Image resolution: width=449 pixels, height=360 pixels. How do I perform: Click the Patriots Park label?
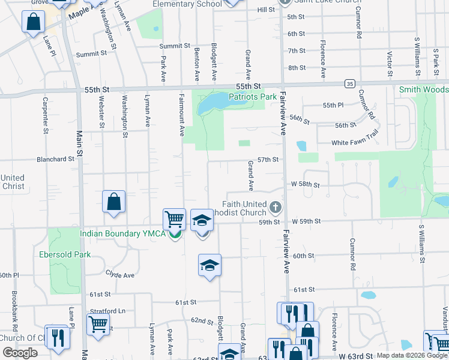pos(252,96)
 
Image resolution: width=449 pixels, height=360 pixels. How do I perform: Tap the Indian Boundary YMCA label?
pos(122,233)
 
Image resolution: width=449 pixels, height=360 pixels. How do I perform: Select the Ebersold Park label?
pos(65,254)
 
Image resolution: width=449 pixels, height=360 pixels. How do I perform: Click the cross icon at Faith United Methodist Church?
pos(276,208)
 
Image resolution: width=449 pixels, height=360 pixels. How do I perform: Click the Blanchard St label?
pos(55,160)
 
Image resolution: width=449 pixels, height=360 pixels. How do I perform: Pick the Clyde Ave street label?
pos(120,274)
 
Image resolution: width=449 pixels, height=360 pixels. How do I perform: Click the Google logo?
pos(20,353)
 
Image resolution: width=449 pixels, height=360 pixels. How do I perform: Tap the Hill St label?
pos(265,10)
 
